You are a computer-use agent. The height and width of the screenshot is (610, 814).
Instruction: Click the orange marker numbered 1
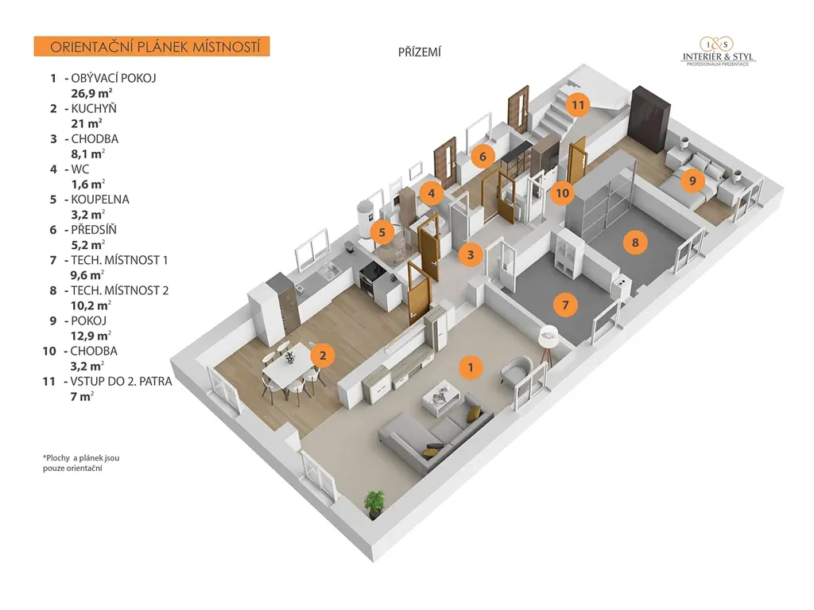(471, 367)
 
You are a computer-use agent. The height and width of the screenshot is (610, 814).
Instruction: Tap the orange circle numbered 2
(321, 356)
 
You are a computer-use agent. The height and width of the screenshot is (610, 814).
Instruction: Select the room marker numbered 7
(565, 304)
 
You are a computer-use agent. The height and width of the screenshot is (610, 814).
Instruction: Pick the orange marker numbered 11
(578, 104)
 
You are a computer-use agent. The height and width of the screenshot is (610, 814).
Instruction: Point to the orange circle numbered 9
(692, 181)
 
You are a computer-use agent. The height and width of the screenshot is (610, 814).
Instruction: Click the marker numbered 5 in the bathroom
(382, 233)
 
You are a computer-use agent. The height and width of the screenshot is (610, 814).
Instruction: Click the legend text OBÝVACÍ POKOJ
(114, 78)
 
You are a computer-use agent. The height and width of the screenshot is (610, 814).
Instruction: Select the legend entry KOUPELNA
(99, 200)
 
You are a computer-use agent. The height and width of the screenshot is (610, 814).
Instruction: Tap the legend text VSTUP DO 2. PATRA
(121, 381)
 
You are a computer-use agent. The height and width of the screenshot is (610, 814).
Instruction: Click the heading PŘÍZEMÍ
(419, 52)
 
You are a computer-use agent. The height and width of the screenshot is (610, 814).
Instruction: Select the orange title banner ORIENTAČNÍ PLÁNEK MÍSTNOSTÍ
(152, 46)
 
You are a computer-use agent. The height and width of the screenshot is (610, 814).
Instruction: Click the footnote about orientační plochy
(81, 463)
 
